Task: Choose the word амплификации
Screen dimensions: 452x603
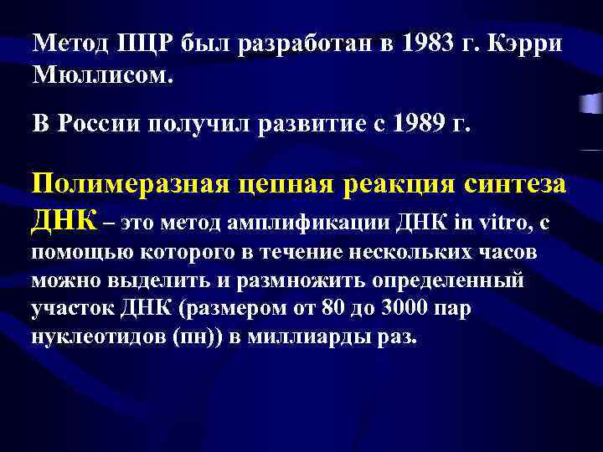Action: coord(290,221)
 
